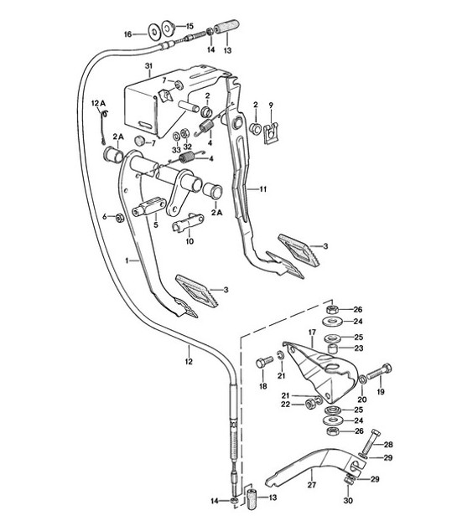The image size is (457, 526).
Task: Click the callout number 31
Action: point(148,65)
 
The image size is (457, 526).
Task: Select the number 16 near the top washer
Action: point(128,34)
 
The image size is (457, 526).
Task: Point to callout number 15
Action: point(189,26)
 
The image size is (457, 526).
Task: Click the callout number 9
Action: point(271,105)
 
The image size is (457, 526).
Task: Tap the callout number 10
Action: point(189,241)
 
